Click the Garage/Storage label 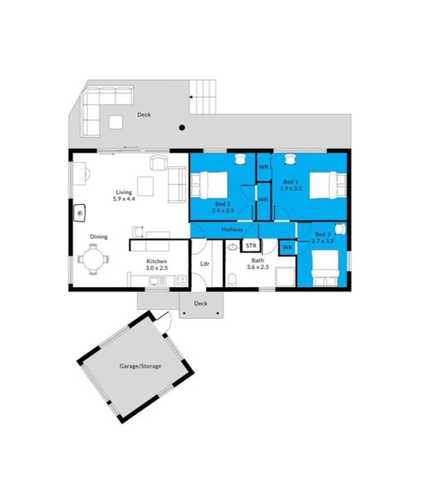click(140, 366)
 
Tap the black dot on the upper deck click(182, 128)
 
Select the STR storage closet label click(251, 246)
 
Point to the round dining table click(93, 259)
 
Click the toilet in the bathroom click(233, 279)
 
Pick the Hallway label click(232, 229)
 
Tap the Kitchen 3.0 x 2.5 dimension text click(157, 268)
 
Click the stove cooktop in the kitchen click(180, 281)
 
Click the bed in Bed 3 click(325, 268)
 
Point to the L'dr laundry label click(204, 264)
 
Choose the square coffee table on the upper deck click(116, 122)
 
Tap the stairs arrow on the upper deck click(192, 97)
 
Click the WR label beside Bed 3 click(288, 247)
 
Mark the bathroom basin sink click(233, 247)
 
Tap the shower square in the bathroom click(285, 276)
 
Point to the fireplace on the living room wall click(80, 212)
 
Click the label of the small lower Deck click(200, 303)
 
